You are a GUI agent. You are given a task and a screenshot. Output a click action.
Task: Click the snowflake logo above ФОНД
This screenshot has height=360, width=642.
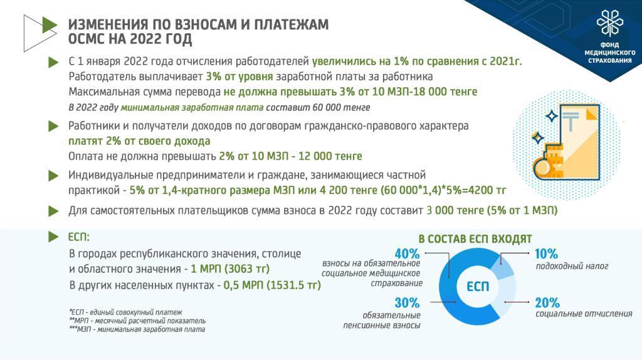609,23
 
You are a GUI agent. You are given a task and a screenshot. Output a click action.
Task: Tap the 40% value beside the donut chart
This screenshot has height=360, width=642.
407,253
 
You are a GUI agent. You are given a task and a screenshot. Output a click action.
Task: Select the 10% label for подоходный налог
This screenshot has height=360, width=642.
546,254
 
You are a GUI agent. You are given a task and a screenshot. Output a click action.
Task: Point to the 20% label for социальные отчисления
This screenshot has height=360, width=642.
547,303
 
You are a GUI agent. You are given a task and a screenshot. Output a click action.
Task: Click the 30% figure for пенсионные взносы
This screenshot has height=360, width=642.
407,303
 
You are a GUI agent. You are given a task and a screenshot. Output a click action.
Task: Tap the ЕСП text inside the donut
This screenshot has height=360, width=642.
478,286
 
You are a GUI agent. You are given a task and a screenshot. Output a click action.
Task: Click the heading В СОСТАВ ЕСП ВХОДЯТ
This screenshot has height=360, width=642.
475,239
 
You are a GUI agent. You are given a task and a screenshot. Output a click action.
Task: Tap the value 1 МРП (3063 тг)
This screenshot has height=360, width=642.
230,269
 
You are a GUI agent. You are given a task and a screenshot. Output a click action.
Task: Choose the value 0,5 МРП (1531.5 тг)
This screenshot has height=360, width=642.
272,285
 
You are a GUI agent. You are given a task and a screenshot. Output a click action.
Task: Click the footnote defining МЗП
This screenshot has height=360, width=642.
137,329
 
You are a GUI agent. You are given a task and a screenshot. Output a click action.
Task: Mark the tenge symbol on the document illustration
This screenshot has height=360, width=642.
571,121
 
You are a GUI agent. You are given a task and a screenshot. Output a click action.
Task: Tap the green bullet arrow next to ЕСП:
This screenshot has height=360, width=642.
54,236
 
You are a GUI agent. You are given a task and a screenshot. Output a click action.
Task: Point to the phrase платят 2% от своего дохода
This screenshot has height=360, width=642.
139,141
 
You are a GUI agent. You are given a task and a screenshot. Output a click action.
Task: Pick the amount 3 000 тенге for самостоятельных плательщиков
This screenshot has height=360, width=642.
455,211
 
